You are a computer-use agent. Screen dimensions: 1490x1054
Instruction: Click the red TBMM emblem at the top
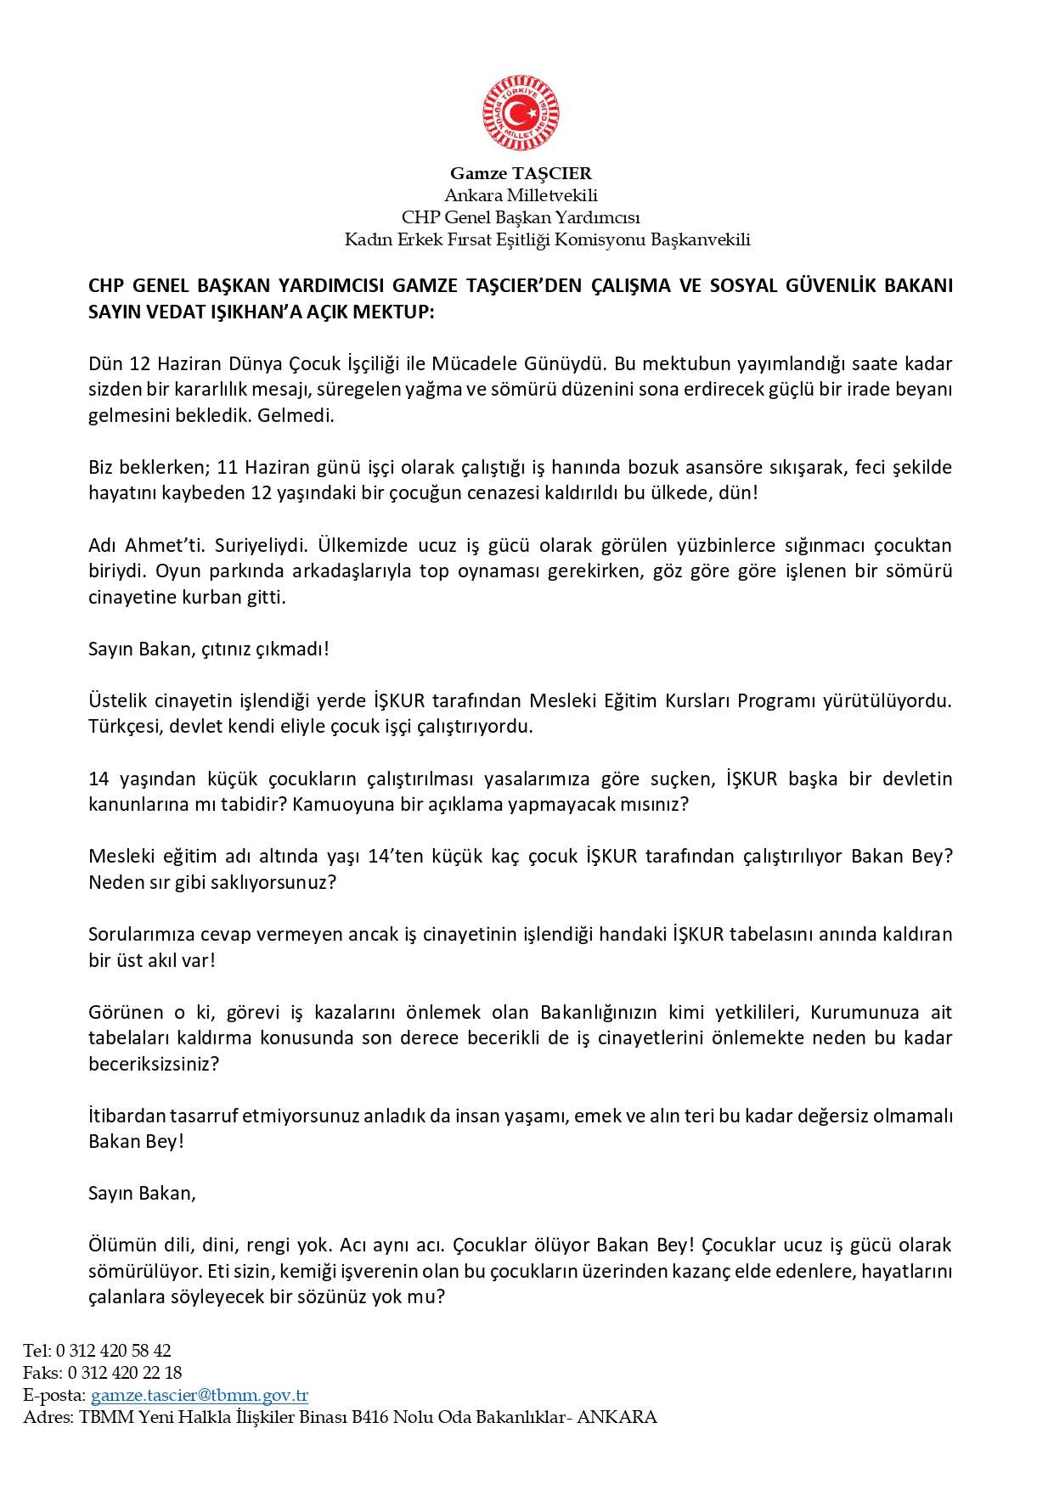521,113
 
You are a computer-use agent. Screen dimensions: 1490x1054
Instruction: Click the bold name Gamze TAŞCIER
521,173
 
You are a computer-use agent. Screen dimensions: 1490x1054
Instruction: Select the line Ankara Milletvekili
521,195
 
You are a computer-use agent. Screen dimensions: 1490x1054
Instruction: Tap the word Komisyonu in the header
600,239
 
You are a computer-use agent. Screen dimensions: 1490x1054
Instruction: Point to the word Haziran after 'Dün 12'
189,364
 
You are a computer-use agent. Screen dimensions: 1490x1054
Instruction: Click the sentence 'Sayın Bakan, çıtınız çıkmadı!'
208,649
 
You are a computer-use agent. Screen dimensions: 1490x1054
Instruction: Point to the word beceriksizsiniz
153,1064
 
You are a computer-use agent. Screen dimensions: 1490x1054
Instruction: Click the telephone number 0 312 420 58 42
114,1351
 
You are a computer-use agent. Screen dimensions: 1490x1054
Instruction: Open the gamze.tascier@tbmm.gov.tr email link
199,1395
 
